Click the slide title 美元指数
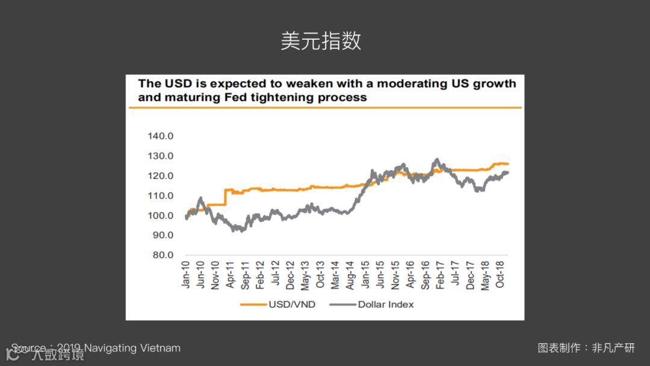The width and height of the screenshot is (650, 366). pos(321,41)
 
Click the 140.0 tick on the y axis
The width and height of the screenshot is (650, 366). pos(160,136)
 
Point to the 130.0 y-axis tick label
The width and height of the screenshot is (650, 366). pos(160,156)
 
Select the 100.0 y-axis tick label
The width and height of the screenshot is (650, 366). pos(160,216)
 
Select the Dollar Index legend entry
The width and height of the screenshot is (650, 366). pos(385,305)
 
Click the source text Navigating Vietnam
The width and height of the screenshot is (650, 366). pos(132,348)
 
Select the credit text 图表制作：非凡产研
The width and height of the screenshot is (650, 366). pos(586,348)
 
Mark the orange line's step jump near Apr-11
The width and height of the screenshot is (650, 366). pos(224,197)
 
